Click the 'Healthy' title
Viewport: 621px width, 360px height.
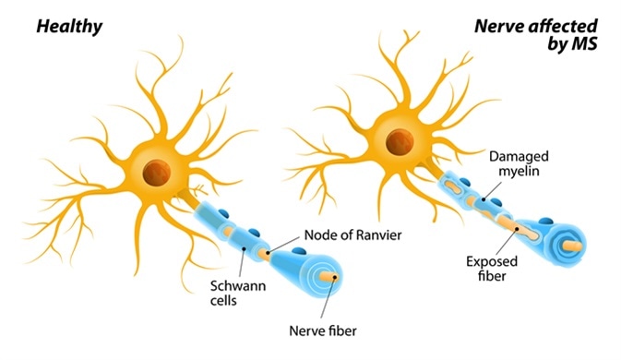pyautogui.click(x=68, y=27)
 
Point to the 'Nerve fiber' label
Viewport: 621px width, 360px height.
pyautogui.click(x=323, y=327)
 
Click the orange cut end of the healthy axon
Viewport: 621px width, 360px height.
pyautogui.click(x=329, y=274)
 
